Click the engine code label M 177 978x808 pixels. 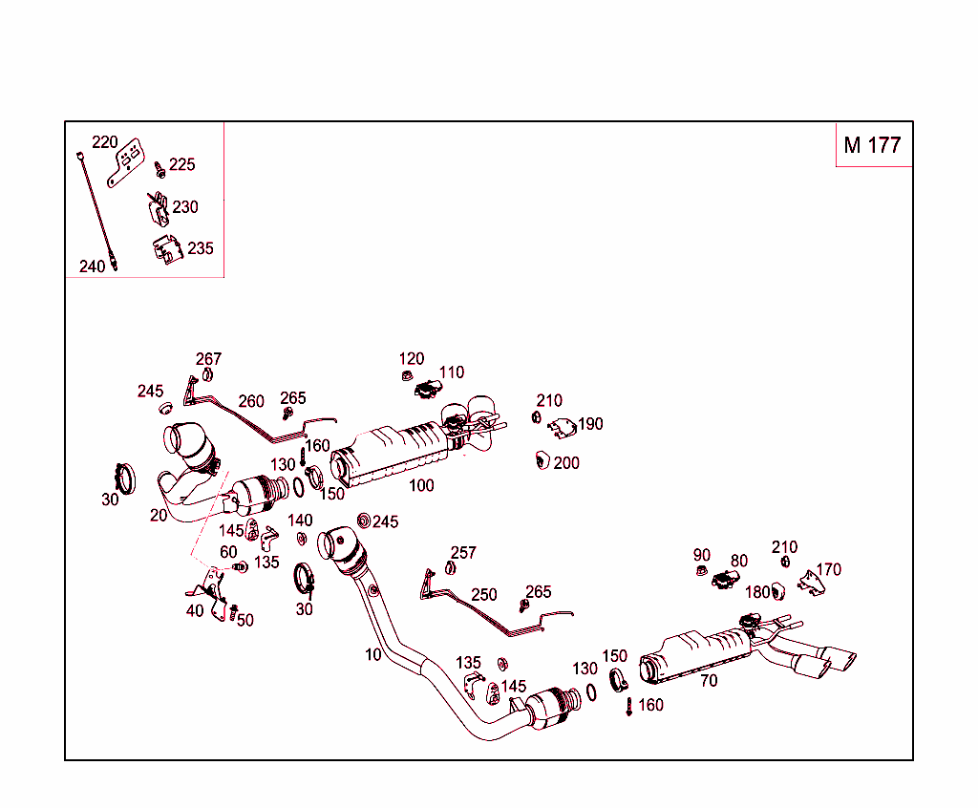coord(872,145)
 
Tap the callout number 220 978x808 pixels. coord(104,142)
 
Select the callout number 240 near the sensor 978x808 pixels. coord(92,266)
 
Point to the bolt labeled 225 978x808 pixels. coord(159,169)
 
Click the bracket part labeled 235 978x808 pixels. coord(166,250)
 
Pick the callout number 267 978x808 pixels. coord(208,359)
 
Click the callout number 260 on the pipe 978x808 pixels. coord(251,401)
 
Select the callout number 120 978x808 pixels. coord(412,359)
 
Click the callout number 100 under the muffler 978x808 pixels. coord(421,485)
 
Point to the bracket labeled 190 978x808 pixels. coord(563,427)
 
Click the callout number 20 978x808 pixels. coord(159,515)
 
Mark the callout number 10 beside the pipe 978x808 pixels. coord(372,655)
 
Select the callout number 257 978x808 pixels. coord(463,553)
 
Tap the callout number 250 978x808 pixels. coord(484,594)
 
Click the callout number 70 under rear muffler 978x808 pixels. coord(709,681)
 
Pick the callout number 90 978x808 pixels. coord(702,556)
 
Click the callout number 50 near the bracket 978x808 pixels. coord(245,620)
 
